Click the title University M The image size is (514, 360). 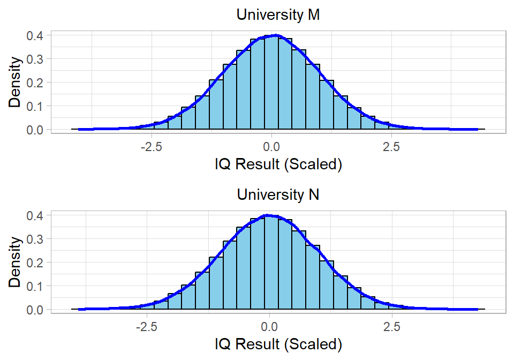[x=278, y=15]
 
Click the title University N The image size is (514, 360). [x=278, y=194]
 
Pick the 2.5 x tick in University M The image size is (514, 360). [x=392, y=146]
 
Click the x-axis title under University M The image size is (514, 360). [x=278, y=164]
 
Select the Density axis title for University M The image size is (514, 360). [x=16, y=82]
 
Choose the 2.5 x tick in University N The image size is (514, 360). [x=392, y=326]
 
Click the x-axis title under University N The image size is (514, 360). [x=278, y=343]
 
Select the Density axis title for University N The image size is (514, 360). [x=16, y=262]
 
